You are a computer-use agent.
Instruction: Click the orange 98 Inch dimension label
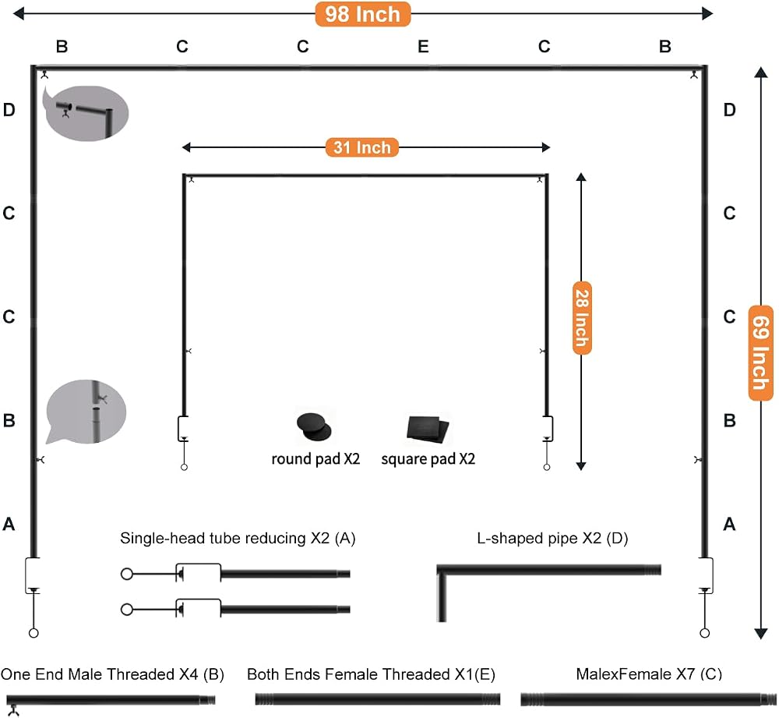(363, 14)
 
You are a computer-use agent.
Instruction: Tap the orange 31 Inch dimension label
(362, 147)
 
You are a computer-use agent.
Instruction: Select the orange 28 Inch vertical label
(582, 318)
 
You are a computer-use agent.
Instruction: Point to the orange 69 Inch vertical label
(760, 352)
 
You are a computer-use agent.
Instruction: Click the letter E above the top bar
(423, 46)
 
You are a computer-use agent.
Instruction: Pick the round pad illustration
(314, 426)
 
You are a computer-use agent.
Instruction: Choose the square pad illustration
(428, 429)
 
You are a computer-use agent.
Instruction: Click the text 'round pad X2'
(315, 458)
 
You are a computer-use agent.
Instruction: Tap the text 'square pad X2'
(428, 458)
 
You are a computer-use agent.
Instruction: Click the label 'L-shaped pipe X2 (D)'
(552, 538)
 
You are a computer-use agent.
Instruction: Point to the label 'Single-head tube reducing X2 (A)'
(238, 538)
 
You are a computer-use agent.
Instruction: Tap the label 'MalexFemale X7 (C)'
(649, 674)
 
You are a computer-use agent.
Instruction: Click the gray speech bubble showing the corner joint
(86, 113)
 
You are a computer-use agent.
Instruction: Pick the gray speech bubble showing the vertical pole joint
(86, 412)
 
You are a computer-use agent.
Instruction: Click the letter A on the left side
(9, 524)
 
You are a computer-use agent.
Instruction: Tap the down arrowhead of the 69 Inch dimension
(760, 634)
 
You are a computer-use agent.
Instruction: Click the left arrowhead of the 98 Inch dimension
(19, 13)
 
